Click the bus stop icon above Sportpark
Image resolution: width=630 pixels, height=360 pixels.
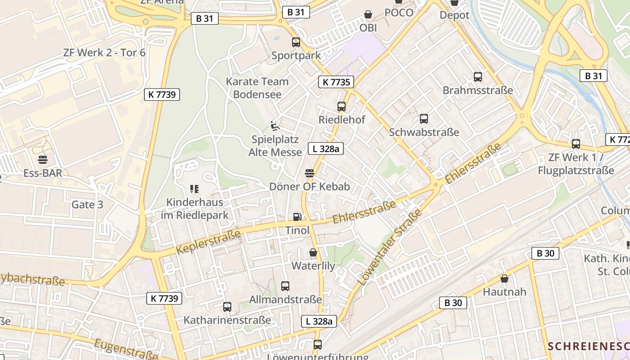tap(296, 42)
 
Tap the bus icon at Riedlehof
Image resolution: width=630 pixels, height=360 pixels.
tap(342, 107)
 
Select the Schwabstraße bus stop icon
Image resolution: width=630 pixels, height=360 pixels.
tap(424, 119)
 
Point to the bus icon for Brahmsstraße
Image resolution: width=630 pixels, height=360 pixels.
tap(478, 77)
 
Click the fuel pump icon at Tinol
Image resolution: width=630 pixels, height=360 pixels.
tap(297, 217)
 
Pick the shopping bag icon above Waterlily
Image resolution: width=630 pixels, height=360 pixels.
tap(313, 252)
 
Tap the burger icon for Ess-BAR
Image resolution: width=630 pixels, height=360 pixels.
tap(43, 159)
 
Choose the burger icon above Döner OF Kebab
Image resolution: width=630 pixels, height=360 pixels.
tap(310, 173)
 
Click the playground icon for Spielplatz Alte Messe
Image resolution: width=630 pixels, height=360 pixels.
tap(275, 126)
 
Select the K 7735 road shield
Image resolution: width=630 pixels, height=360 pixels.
tap(336, 82)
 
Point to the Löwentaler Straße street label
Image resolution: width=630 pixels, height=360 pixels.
tap(390, 247)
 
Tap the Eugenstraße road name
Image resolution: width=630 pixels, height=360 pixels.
tap(126, 349)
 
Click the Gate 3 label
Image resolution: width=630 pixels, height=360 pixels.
tap(87, 205)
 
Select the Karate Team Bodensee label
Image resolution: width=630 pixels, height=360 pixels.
tap(257, 88)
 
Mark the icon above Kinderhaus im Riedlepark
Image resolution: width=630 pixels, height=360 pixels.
tap(194, 189)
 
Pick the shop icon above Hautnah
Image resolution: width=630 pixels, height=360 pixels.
tap(504, 279)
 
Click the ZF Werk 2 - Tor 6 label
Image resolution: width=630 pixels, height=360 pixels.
tap(104, 53)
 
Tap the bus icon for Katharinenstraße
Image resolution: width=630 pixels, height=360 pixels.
tap(227, 307)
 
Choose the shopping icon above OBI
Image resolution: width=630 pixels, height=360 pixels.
tap(368, 15)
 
